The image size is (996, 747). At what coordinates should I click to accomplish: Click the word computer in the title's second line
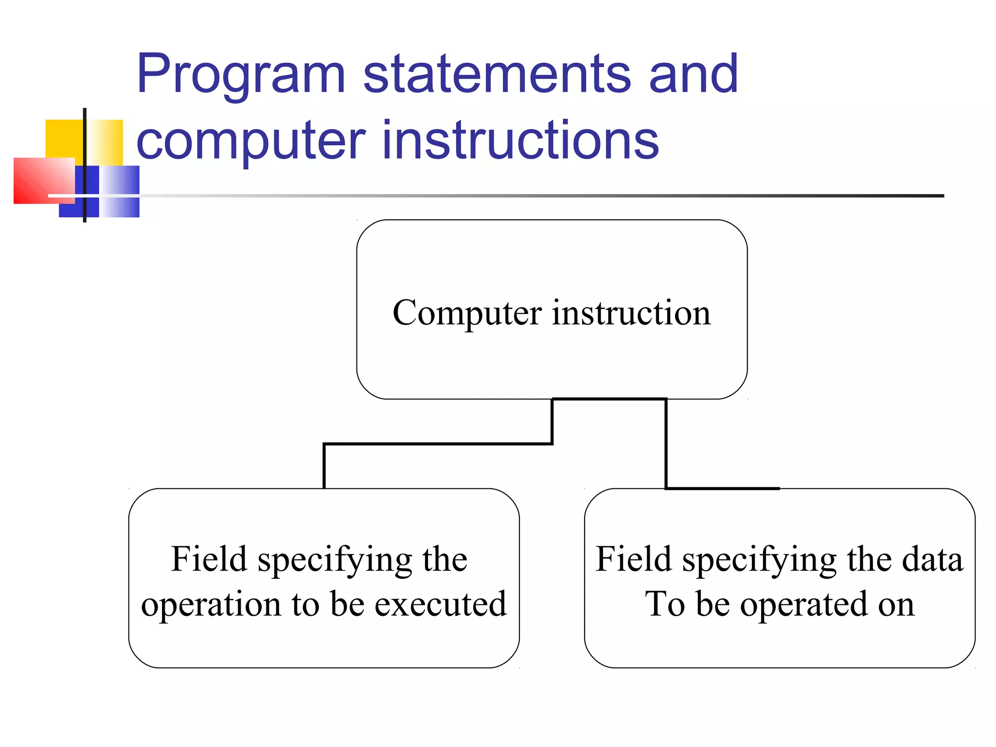pos(250,141)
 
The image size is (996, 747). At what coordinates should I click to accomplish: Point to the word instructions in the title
pos(520,141)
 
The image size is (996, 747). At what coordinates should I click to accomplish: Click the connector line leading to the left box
pos(438,444)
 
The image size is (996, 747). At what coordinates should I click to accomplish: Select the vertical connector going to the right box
pos(666,443)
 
